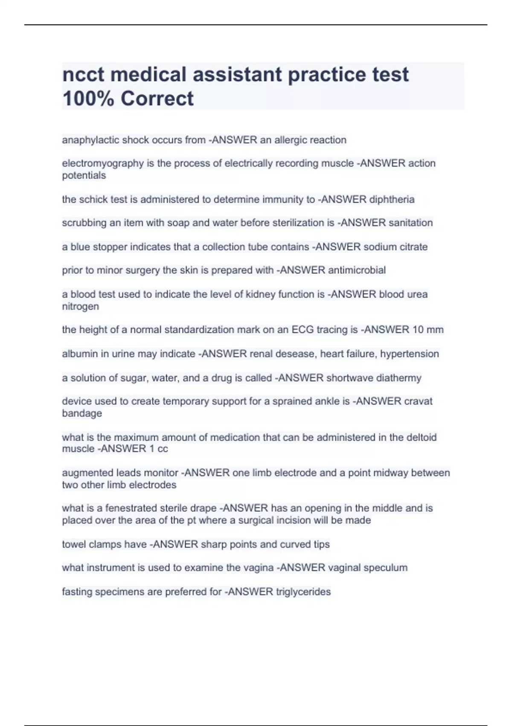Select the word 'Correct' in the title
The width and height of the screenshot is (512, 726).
pyautogui.click(x=157, y=99)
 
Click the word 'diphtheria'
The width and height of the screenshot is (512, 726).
pyautogui.click(x=392, y=199)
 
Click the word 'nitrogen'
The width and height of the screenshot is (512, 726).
pyautogui.click(x=80, y=306)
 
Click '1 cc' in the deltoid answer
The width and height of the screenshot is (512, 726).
pyautogui.click(x=159, y=449)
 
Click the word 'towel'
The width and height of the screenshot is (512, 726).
pyautogui.click(x=73, y=544)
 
